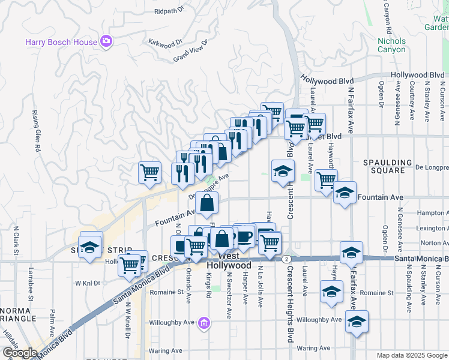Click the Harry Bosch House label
[60, 42]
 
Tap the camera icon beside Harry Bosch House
[106, 41]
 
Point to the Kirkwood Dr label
[164, 43]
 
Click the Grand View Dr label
[190, 51]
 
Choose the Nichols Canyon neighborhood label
[391, 45]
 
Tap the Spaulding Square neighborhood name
[387, 167]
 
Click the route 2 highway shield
[287, 258]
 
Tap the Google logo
[19, 352]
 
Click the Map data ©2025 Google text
[411, 355]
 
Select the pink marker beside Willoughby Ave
[204, 323]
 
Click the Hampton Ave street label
[432, 212]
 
